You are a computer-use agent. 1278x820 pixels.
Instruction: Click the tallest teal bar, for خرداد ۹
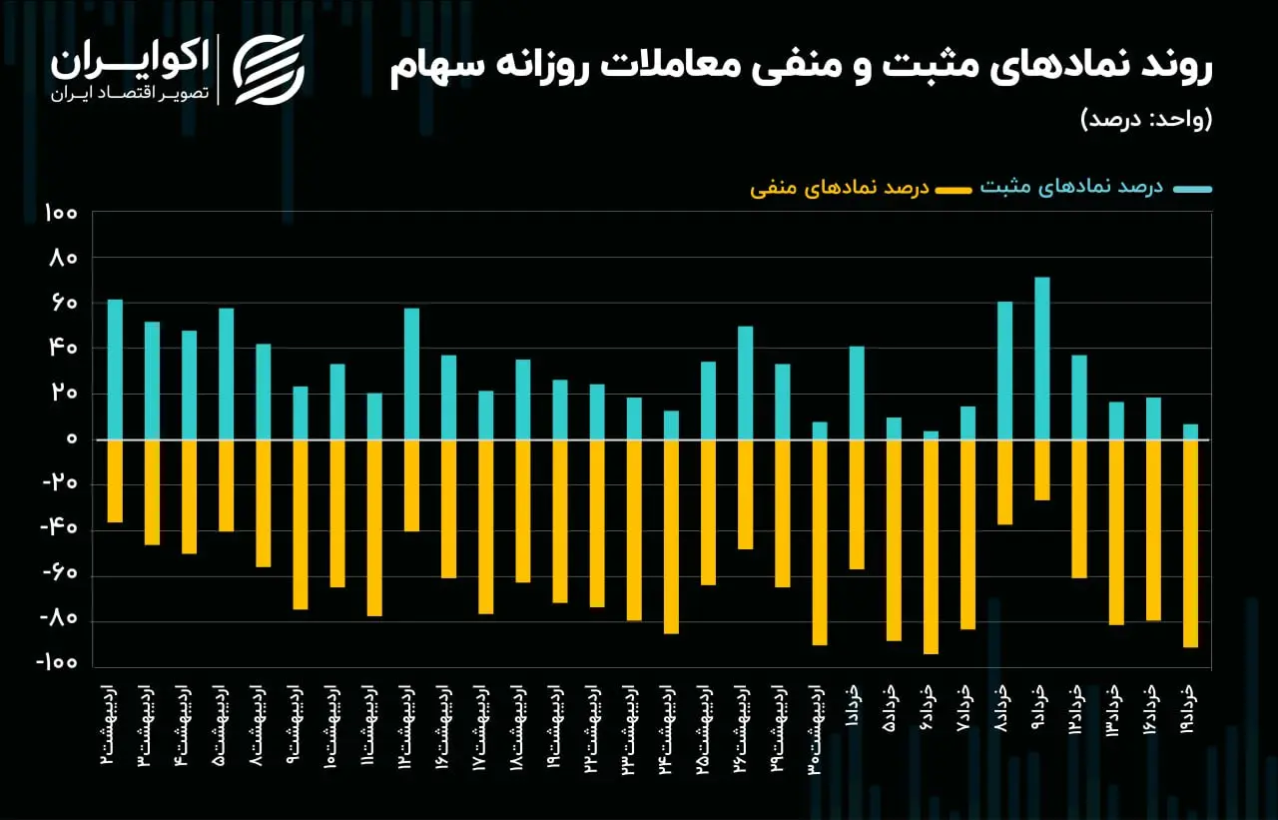pos(1041,359)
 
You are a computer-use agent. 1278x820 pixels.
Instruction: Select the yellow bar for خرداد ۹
pos(1041,470)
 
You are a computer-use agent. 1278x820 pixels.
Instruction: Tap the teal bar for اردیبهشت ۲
pos(115,370)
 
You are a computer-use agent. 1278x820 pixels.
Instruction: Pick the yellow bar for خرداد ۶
pos(931,546)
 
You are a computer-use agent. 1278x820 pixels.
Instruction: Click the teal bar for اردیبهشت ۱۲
pos(411,375)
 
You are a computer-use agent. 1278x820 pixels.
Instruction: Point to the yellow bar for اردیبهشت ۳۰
pos(820,542)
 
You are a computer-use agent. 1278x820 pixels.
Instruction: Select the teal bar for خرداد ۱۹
pos(1190,431)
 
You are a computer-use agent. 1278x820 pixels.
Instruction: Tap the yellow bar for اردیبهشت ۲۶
pos(745,494)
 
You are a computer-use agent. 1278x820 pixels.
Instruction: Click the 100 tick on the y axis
pos(61,213)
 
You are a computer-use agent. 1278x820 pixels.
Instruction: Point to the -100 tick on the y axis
pos(56,662)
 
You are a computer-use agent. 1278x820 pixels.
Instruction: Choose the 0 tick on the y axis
pos(72,438)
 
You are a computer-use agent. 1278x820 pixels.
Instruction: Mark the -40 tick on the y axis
pos(58,527)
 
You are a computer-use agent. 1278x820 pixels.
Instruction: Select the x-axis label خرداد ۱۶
pos(1152,709)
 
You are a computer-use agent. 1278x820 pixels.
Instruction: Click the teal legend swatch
pos(1192,190)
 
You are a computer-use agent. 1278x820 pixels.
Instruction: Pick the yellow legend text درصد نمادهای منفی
pos(840,188)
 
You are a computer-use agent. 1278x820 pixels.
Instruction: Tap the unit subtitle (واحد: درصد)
pos(1146,120)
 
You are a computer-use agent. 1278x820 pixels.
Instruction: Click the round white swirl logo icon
pos(269,70)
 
